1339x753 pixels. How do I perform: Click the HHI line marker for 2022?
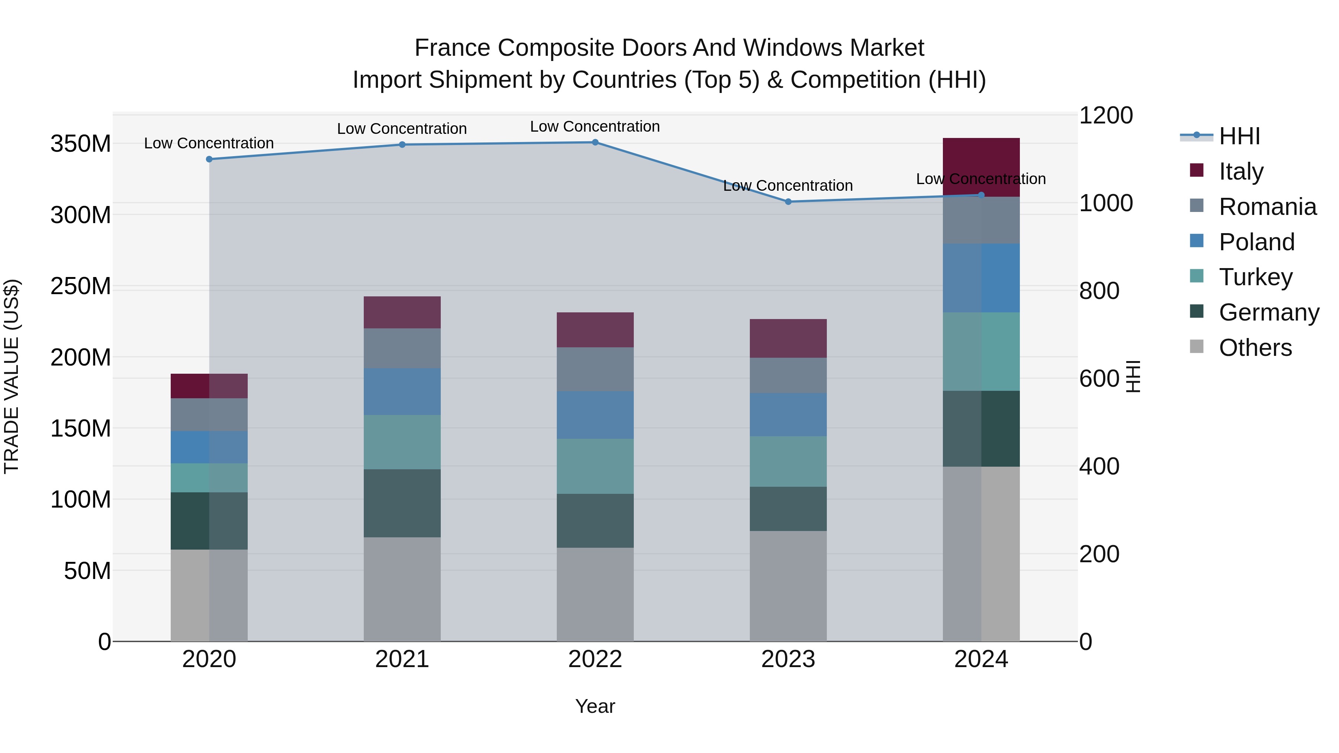point(595,142)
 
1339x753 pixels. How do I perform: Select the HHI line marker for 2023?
point(788,202)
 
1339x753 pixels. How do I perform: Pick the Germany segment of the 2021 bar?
point(402,503)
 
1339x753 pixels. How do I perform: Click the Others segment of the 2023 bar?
point(788,586)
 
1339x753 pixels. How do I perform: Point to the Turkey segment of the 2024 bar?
point(981,351)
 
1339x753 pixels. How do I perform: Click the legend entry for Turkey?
point(1255,277)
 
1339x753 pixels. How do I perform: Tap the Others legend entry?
point(1255,348)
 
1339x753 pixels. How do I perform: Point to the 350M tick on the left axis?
point(81,144)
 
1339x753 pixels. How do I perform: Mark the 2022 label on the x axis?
point(595,659)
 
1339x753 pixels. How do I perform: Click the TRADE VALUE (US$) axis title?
point(12,376)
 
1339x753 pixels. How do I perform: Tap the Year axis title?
point(595,706)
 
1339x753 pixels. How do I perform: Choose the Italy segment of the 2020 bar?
point(209,386)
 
